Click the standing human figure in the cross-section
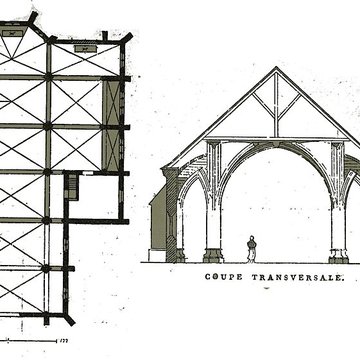[251, 248]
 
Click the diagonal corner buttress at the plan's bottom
[69, 318]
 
